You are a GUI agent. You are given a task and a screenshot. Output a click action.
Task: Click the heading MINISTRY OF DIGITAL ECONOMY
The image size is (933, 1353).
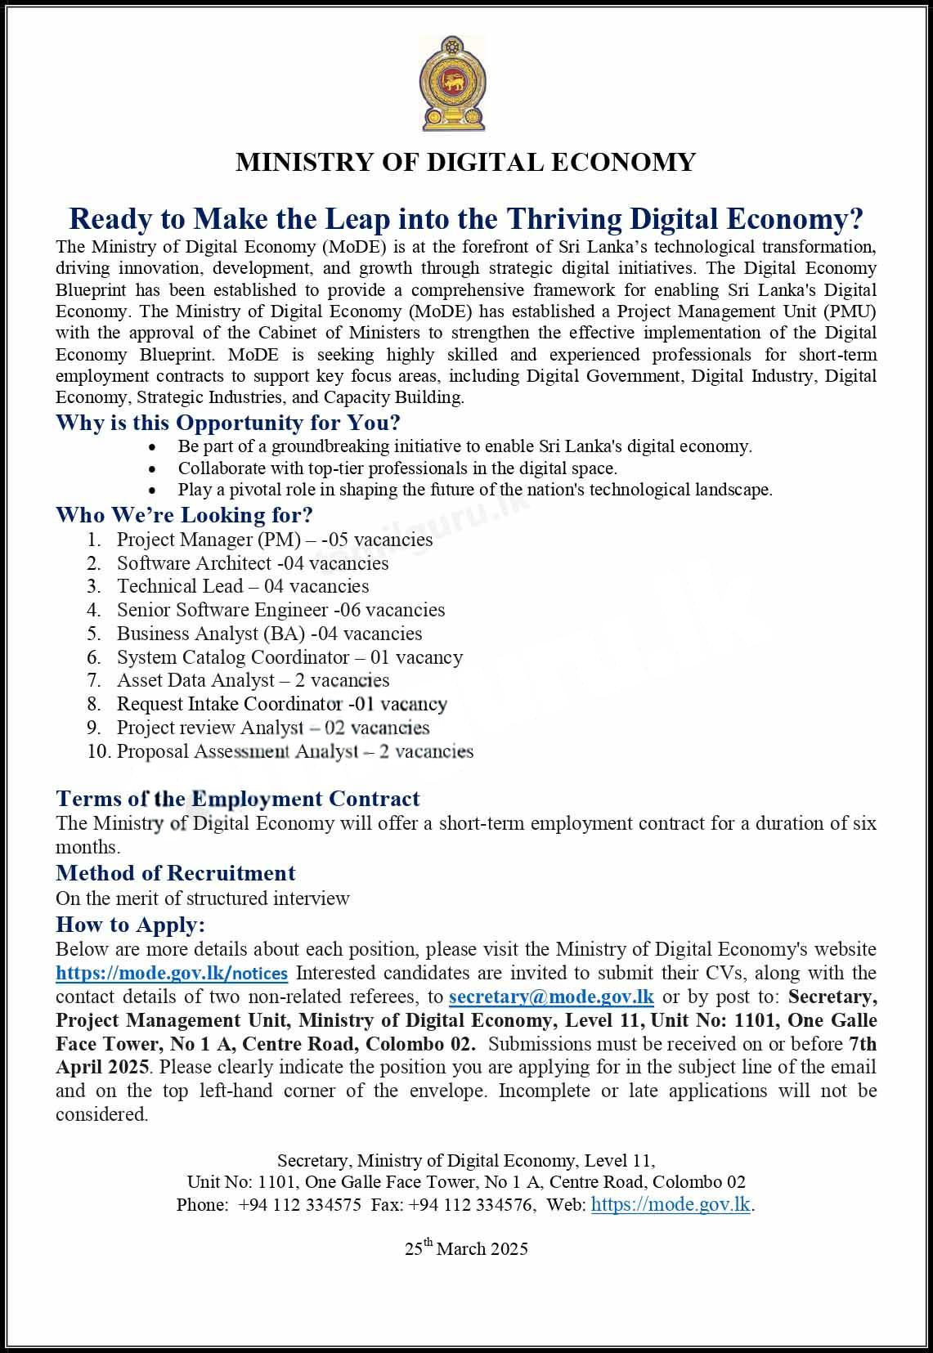465,162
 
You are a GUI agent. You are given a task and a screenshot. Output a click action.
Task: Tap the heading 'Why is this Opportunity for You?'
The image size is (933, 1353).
228,423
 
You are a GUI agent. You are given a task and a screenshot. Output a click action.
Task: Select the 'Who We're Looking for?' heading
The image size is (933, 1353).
184,515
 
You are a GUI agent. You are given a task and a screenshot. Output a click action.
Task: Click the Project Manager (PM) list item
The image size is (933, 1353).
274,540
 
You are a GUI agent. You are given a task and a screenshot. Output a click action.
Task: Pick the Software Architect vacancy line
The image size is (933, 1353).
252,563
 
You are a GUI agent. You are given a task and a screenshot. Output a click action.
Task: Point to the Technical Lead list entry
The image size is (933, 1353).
242,586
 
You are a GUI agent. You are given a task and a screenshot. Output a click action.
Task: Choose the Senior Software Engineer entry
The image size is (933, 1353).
280,610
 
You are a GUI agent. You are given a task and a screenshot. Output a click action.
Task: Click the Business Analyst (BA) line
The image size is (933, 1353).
269,634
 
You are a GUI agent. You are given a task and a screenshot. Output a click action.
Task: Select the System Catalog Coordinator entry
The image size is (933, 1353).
289,657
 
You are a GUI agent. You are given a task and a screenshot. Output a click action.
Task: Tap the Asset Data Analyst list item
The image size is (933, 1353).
253,680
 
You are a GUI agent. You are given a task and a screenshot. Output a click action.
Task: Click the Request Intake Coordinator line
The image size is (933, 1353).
281,704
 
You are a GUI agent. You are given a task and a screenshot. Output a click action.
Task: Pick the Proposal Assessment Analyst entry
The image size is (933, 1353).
294,751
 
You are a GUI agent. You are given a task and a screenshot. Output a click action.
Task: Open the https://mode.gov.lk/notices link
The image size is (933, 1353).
172,974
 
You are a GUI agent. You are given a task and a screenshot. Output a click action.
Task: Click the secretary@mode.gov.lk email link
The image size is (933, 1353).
552,997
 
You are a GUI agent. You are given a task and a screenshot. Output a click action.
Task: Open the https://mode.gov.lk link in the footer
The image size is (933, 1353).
671,1204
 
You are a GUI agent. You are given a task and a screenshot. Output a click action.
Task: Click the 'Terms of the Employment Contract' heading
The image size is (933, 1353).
238,799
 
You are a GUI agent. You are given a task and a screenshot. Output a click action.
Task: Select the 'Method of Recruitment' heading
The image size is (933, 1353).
176,873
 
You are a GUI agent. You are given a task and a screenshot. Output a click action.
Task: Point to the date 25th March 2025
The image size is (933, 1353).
466,1248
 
